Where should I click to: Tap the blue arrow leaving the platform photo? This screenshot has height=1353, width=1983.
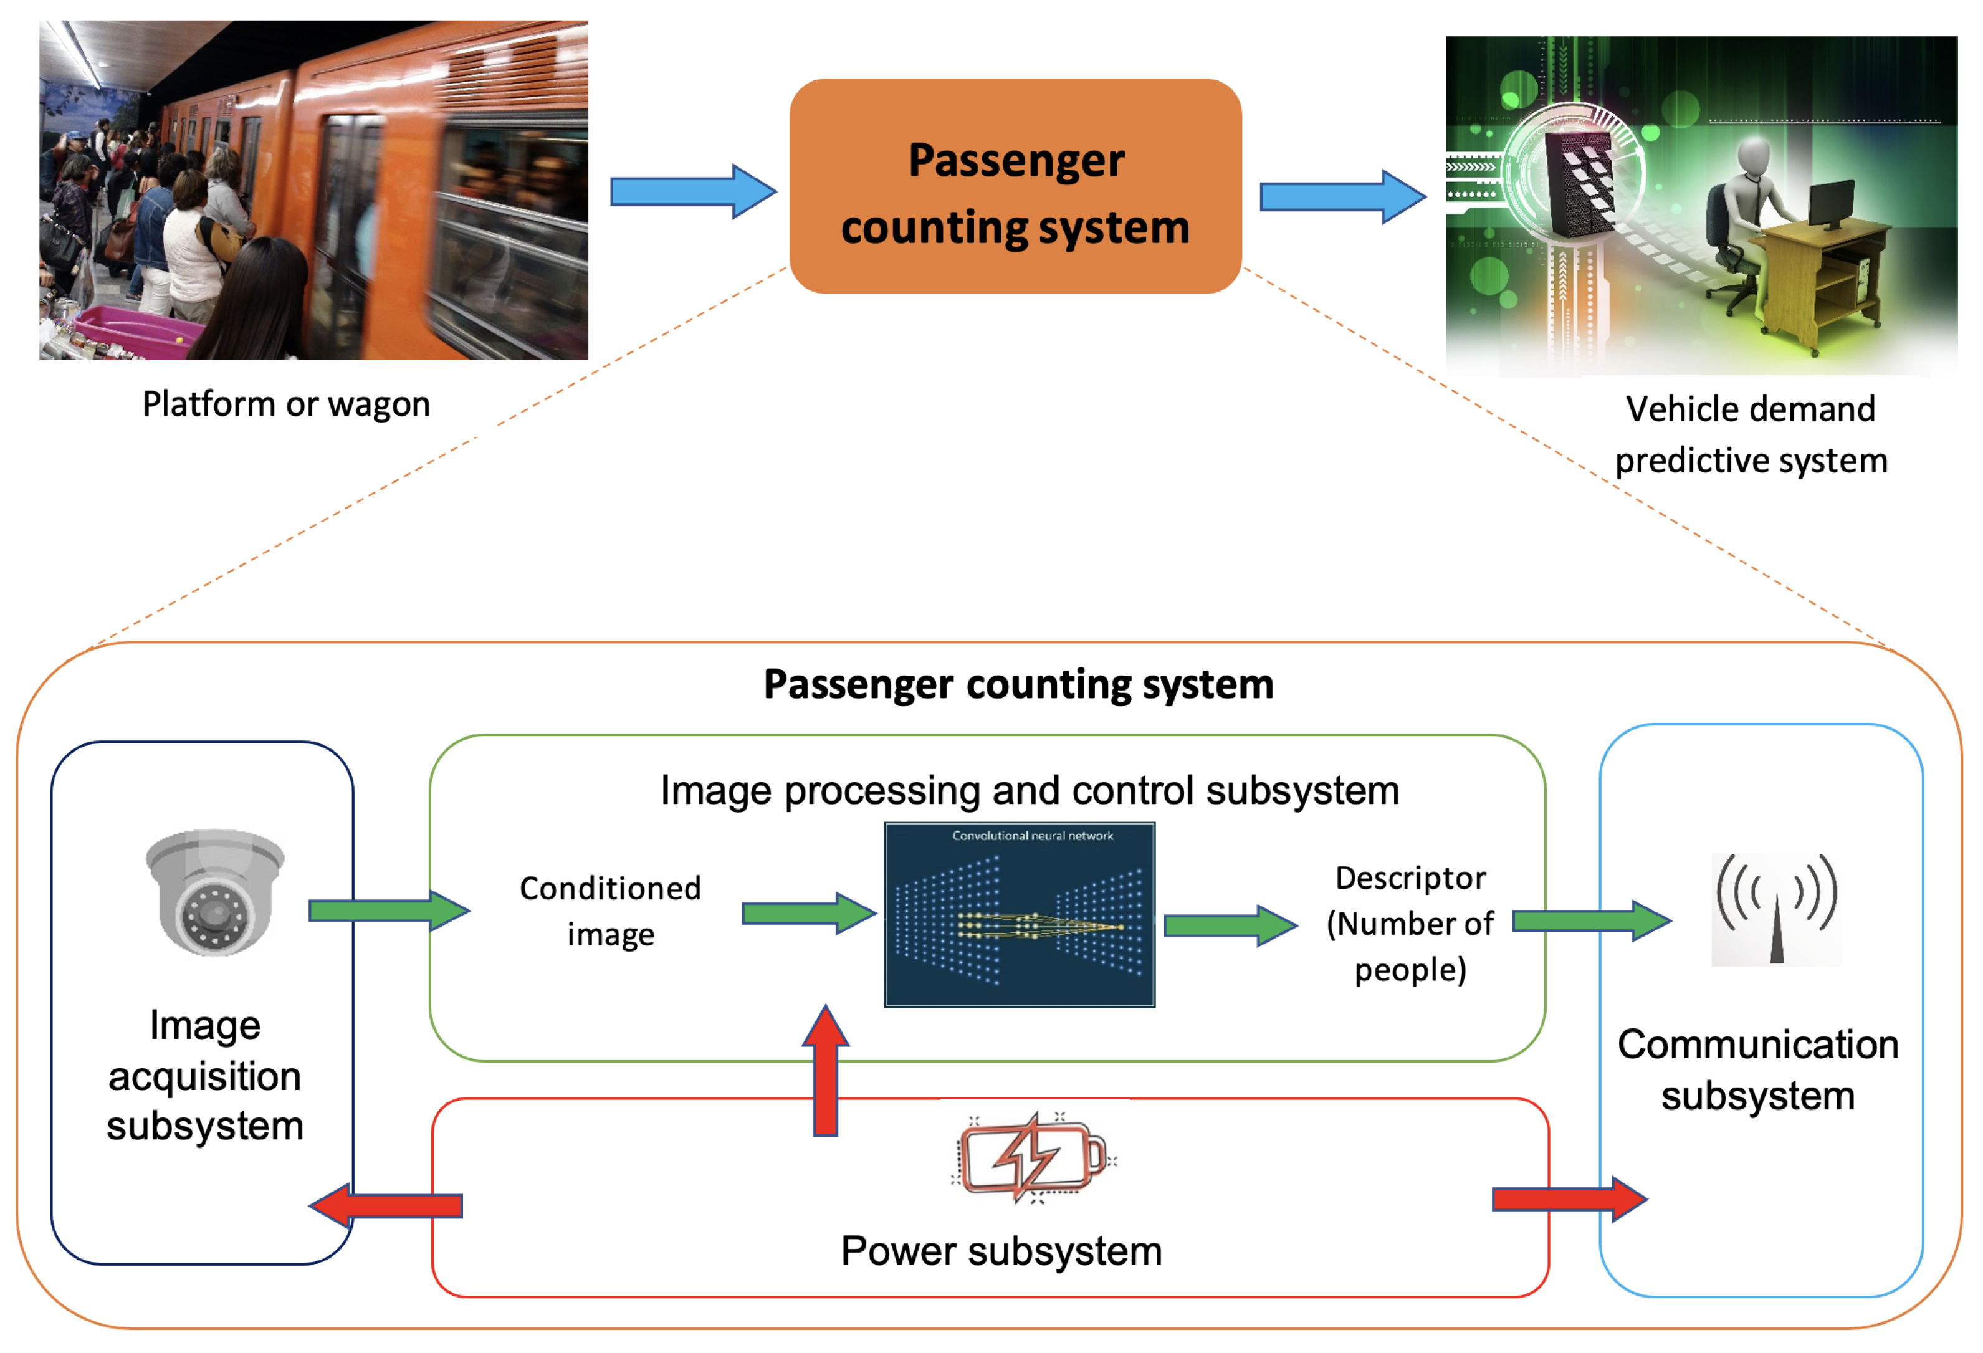pyautogui.click(x=692, y=192)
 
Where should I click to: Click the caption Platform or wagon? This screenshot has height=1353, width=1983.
pyautogui.click(x=286, y=404)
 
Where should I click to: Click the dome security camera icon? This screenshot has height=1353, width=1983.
pyautogui.click(x=214, y=891)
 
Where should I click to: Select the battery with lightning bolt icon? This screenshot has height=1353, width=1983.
pyautogui.click(x=1033, y=1158)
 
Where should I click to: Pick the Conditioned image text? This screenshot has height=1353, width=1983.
pyautogui.click(x=610, y=911)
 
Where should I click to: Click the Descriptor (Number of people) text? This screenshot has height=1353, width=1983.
pyautogui.click(x=1410, y=924)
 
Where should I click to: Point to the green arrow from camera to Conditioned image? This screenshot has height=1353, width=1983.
pyautogui.click(x=388, y=911)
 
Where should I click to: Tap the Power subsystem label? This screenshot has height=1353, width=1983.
pyautogui.click(x=1001, y=1251)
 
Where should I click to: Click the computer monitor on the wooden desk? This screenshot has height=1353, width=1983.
pyautogui.click(x=1830, y=205)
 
